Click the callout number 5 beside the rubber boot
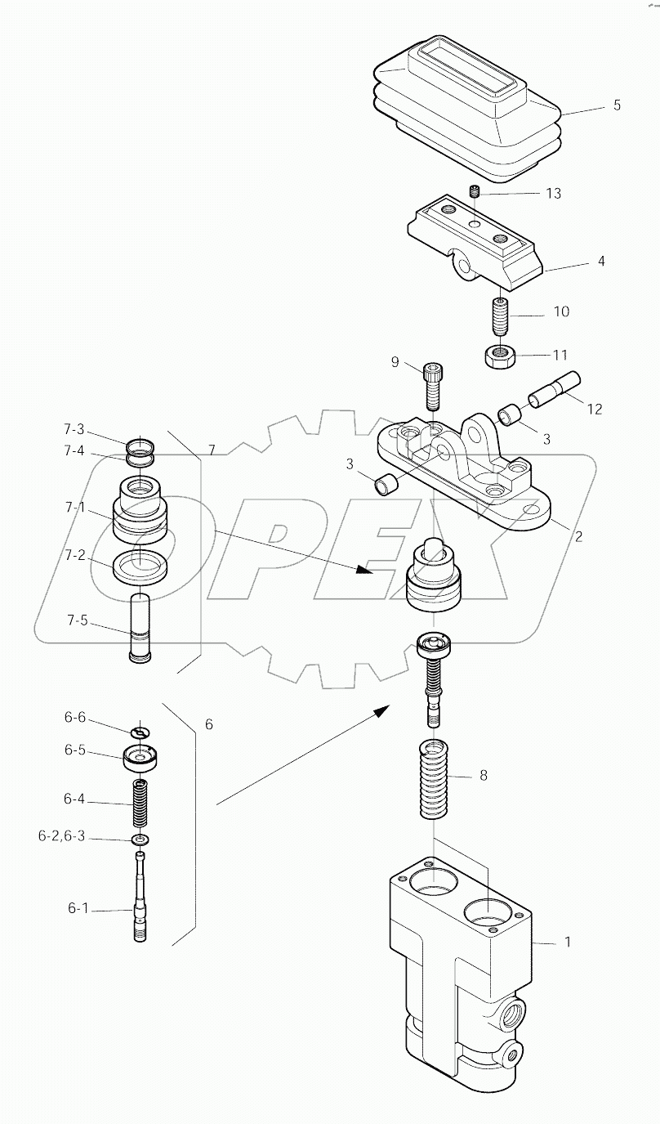pyautogui.click(x=617, y=105)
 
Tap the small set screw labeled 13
pyautogui.click(x=474, y=192)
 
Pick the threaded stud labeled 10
pyautogui.click(x=500, y=316)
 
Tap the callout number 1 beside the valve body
pyautogui.click(x=567, y=942)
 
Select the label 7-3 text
pyautogui.click(x=74, y=429)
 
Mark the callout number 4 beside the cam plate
pyautogui.click(x=601, y=262)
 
